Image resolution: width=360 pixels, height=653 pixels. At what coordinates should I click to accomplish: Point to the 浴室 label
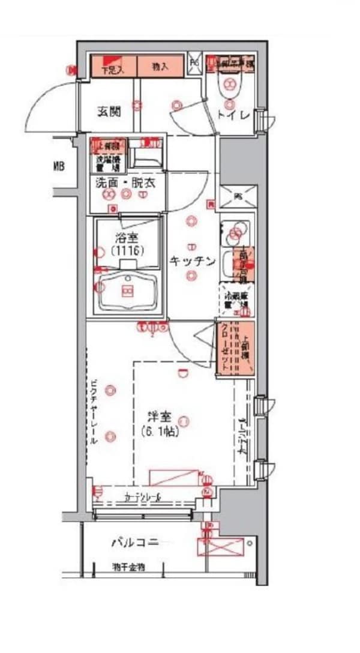(x=127, y=238)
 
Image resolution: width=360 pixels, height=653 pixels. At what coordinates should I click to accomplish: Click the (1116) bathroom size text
(x=127, y=251)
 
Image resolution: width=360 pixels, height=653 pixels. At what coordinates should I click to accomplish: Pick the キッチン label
(x=192, y=261)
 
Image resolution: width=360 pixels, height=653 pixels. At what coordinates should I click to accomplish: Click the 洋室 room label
(x=160, y=415)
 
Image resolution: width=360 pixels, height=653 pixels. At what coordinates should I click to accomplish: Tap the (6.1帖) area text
(x=160, y=430)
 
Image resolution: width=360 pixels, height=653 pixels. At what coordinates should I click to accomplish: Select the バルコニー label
(x=135, y=543)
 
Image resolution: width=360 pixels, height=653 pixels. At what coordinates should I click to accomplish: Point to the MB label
(x=59, y=167)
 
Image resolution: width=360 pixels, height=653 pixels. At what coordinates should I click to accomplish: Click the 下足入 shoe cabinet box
(x=113, y=67)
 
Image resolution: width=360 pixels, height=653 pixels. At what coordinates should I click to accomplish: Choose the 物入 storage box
(x=160, y=67)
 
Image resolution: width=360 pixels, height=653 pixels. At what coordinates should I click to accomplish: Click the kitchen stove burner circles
(x=235, y=230)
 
